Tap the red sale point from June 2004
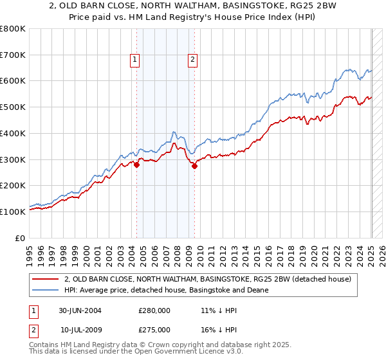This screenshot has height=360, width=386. pos(136,165)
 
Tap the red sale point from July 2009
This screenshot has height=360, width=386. pos(194,166)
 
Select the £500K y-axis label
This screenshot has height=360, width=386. pos(13,107)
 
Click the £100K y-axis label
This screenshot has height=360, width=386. pos(13,212)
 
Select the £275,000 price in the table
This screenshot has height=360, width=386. pos(154,330)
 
